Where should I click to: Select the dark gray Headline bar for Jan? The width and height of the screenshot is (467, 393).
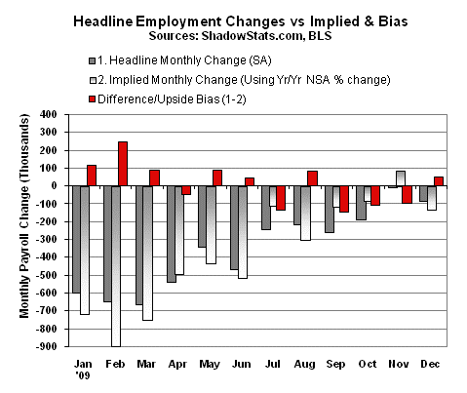pyautogui.click(x=76, y=239)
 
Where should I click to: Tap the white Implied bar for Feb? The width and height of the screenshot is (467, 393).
pyautogui.click(x=116, y=265)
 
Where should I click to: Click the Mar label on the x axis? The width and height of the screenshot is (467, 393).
pyautogui.click(x=146, y=360)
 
